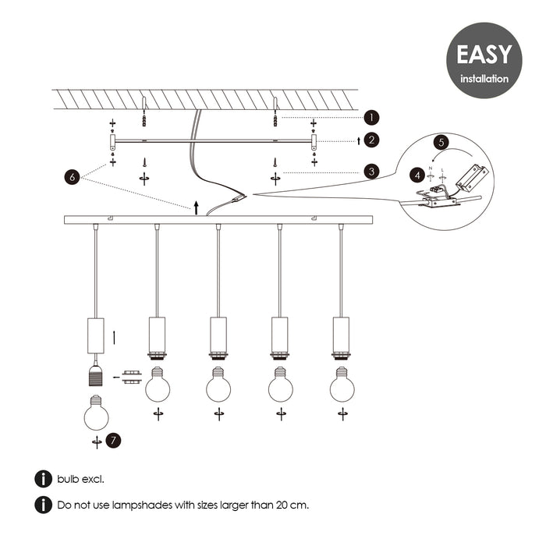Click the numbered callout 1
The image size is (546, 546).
point(372,117)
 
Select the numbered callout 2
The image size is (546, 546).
point(372,140)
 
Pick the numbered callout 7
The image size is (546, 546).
point(114,441)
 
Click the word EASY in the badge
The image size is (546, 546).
point(484,55)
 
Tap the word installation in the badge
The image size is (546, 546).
point(484,79)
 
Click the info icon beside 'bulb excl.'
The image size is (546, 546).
point(42,479)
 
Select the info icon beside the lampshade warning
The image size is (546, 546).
point(42,505)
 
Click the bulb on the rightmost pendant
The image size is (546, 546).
point(342,385)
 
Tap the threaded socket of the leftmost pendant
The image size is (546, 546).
point(96,376)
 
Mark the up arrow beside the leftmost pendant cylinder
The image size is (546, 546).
point(115,338)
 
